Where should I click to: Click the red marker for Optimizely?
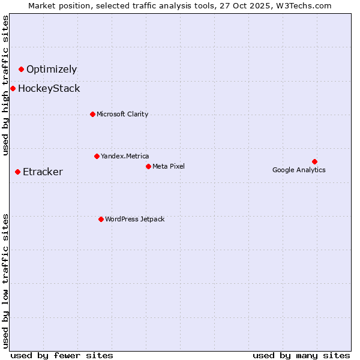tap(21, 70)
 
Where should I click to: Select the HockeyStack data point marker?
tap(13, 89)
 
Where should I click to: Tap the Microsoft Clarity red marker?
tap(92, 114)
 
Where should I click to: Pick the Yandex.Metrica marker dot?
tap(97, 156)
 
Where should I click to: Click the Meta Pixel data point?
tap(148, 166)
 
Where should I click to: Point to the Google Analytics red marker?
tap(314, 161)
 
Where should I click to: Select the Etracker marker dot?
tap(17, 172)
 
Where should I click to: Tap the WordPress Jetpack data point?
tap(101, 219)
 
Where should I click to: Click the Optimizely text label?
tap(52, 70)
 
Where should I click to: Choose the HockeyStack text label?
tap(49, 89)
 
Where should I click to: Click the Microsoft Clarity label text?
tap(122, 114)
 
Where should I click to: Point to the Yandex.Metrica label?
tap(125, 156)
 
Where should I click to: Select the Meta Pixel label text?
tap(169, 166)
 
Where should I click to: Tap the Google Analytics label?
tap(299, 170)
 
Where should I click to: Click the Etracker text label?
tap(43, 172)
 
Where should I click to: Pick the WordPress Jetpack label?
tap(134, 219)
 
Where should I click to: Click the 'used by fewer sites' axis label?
tap(62, 355)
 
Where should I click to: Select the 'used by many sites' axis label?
tap(301, 355)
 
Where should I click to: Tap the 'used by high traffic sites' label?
tap(6, 85)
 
